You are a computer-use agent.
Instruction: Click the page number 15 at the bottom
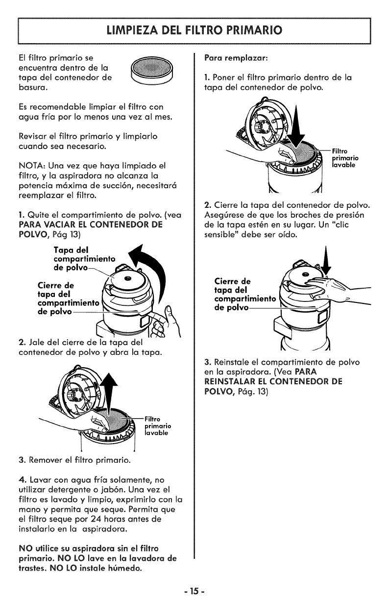tap(194, 586)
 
